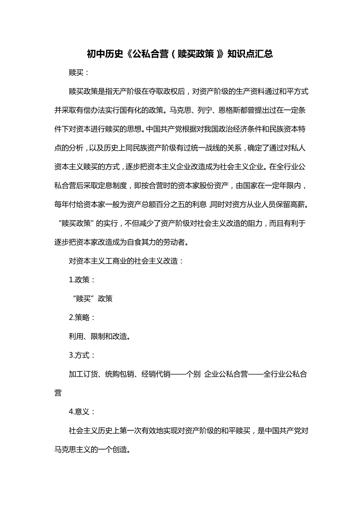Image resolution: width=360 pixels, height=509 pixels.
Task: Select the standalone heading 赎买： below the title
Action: tap(79, 73)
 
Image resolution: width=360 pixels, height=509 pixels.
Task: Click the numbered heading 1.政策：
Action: tap(82, 280)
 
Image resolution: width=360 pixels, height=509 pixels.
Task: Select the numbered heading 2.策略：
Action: tap(82, 317)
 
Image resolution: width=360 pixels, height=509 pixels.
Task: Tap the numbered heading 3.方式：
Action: tap(82, 355)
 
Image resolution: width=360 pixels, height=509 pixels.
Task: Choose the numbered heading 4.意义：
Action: tap(82, 412)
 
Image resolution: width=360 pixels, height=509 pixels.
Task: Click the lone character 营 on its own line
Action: tap(58, 393)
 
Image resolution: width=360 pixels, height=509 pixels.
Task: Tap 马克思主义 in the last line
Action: tap(72, 450)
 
